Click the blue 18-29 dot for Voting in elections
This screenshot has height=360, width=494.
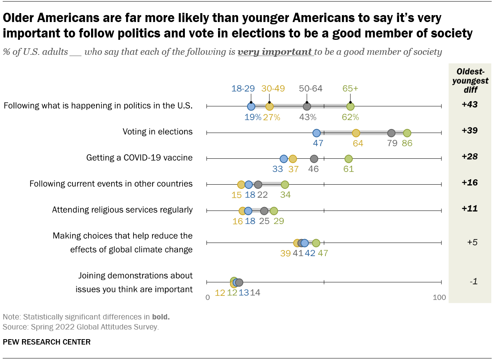click(316, 133)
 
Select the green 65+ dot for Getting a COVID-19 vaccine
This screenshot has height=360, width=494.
click(349, 159)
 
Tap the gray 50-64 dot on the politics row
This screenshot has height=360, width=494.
click(307, 106)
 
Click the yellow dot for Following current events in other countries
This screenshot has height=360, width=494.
click(241, 185)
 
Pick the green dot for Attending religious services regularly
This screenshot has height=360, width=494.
click(274, 211)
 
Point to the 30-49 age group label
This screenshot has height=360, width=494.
click(273, 88)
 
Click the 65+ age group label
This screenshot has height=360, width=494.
click(350, 88)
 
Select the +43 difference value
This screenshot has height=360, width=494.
click(470, 104)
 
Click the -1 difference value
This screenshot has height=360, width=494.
click(474, 281)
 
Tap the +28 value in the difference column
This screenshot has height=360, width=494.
click(470, 156)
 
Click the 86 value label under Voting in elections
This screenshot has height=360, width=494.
click(407, 143)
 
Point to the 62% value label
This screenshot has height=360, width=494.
click(350, 117)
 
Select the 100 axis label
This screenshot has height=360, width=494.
click(439, 297)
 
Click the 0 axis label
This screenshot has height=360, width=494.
click(208, 297)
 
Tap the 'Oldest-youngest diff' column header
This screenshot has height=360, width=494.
click(470, 81)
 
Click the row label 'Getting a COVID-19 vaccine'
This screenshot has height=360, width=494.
click(139, 158)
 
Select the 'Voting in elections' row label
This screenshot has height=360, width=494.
click(157, 132)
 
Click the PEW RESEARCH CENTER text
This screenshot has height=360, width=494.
click(47, 342)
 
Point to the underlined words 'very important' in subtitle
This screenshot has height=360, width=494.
click(275, 52)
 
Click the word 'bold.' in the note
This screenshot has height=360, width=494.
click(161, 317)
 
